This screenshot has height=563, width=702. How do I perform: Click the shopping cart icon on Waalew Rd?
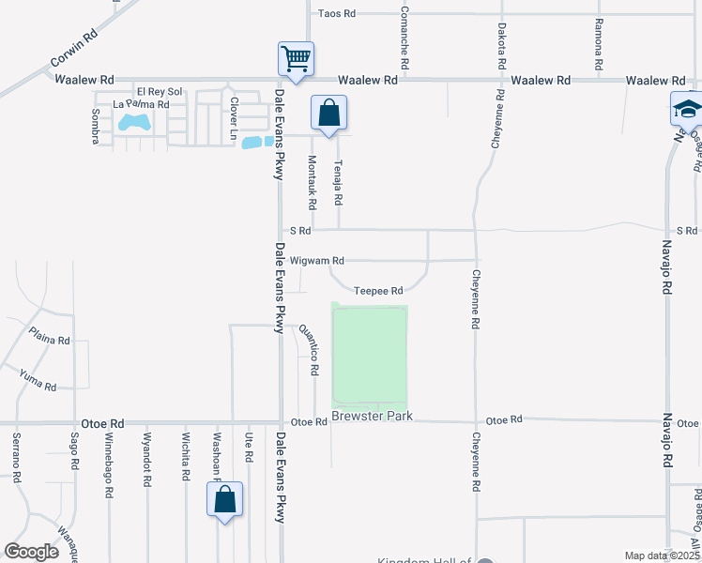point(296,59)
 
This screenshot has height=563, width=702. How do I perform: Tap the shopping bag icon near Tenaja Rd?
point(329,113)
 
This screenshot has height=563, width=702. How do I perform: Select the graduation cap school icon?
point(687,109)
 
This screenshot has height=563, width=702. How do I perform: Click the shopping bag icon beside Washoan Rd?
point(224,499)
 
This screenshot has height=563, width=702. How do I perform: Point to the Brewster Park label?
point(372,416)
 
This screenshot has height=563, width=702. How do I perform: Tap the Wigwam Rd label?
point(317,260)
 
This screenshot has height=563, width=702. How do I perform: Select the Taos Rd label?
point(337,14)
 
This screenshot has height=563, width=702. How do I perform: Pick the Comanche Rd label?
point(404,38)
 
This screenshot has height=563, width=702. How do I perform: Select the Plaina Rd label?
point(49,336)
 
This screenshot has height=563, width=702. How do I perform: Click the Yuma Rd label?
point(38,379)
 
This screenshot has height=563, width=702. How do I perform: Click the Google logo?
point(32,552)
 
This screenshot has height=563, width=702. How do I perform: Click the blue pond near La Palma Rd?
point(133,123)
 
